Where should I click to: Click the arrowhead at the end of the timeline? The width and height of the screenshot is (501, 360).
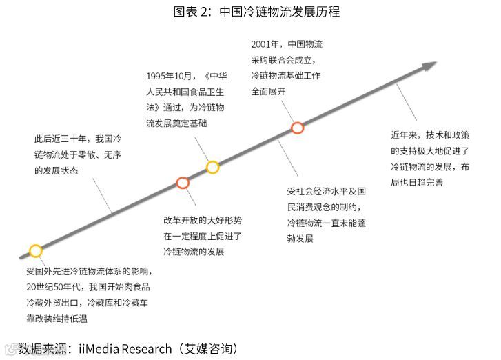[430, 66]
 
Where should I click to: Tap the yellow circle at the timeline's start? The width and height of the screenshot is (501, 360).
[35, 250]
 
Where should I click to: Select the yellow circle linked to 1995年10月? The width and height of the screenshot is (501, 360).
[212, 167]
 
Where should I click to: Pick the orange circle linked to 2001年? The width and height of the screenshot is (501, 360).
[297, 128]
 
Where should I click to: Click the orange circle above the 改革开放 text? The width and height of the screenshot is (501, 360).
[183, 183]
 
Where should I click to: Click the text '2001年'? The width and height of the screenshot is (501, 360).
[266, 45]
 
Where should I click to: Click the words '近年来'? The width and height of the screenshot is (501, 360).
[405, 134]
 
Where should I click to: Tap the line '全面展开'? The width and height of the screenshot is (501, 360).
[268, 91]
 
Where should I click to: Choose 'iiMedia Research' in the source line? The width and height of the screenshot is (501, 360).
[125, 348]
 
